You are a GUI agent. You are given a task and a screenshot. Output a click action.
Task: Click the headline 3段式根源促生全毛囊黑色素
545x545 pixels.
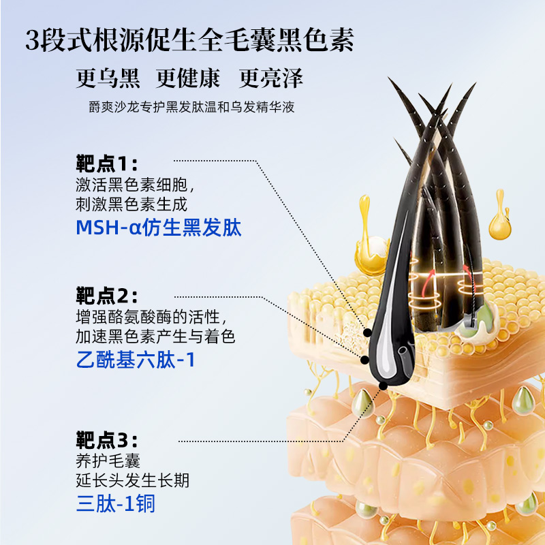tap(189, 40)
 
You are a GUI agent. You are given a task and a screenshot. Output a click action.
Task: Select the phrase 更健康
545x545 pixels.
tap(188, 79)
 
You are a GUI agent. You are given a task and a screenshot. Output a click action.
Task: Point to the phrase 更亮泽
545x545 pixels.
tap(271, 79)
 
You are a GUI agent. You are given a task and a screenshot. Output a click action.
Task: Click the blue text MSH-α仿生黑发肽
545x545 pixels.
tap(159, 228)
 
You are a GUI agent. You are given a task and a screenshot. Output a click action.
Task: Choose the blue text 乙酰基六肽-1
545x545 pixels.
tap(136, 360)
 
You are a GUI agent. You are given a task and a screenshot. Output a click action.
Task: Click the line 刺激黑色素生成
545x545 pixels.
tap(131, 204)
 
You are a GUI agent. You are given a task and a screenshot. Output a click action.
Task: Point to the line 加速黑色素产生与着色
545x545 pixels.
tap(155, 336)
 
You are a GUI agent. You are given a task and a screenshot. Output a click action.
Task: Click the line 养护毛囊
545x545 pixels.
tap(107, 460)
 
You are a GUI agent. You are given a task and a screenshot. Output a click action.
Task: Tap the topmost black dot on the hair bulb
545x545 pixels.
tap(368, 333)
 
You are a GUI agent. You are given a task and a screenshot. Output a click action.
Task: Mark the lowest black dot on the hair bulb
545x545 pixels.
tap(383, 386)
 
